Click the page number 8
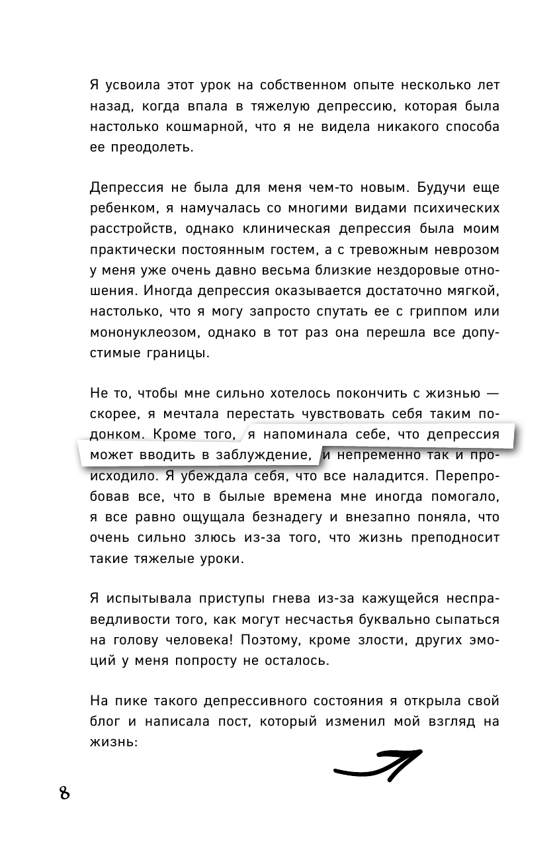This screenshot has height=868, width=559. pyautogui.click(x=64, y=793)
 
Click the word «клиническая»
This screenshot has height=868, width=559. pyautogui.click(x=319, y=230)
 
